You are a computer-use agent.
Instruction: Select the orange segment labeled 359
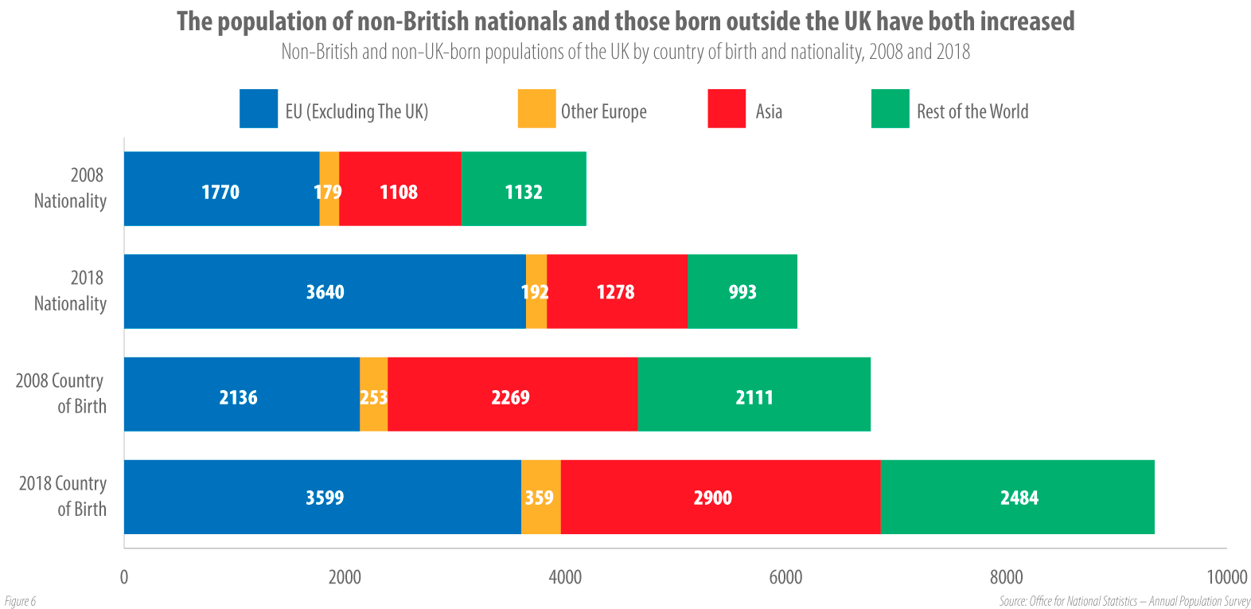(540, 497)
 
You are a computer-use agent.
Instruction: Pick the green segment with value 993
(742, 291)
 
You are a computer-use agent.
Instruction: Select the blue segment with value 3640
(325, 291)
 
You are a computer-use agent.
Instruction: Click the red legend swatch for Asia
(726, 109)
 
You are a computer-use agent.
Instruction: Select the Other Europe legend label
(603, 111)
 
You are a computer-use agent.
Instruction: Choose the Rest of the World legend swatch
(890, 109)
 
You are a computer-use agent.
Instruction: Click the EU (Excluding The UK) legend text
(357, 111)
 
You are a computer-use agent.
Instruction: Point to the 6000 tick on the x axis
(785, 577)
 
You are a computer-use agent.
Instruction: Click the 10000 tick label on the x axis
(1226, 577)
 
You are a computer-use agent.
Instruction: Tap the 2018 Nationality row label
(70, 291)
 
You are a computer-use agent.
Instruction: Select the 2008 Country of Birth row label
(61, 393)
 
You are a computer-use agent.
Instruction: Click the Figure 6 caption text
(20, 601)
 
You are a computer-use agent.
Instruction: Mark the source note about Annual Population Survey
(1124, 601)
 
